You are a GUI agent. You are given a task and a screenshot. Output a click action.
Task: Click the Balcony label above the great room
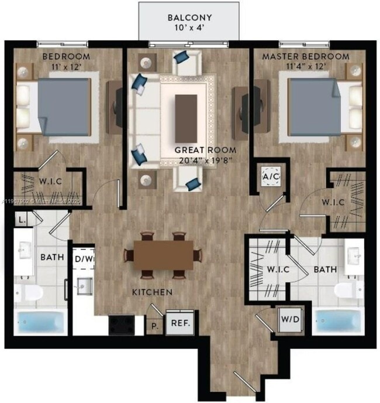189,22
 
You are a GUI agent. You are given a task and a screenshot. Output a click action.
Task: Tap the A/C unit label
270,175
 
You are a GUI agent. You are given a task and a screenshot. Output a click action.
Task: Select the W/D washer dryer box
286,320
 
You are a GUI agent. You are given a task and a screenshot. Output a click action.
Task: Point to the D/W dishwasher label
84,258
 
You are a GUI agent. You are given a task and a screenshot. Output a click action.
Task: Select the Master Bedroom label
306,57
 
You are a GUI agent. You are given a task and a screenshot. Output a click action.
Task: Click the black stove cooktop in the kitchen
122,323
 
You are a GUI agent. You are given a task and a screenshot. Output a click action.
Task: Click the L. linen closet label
21,220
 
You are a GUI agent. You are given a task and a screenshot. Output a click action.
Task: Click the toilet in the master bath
347,289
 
